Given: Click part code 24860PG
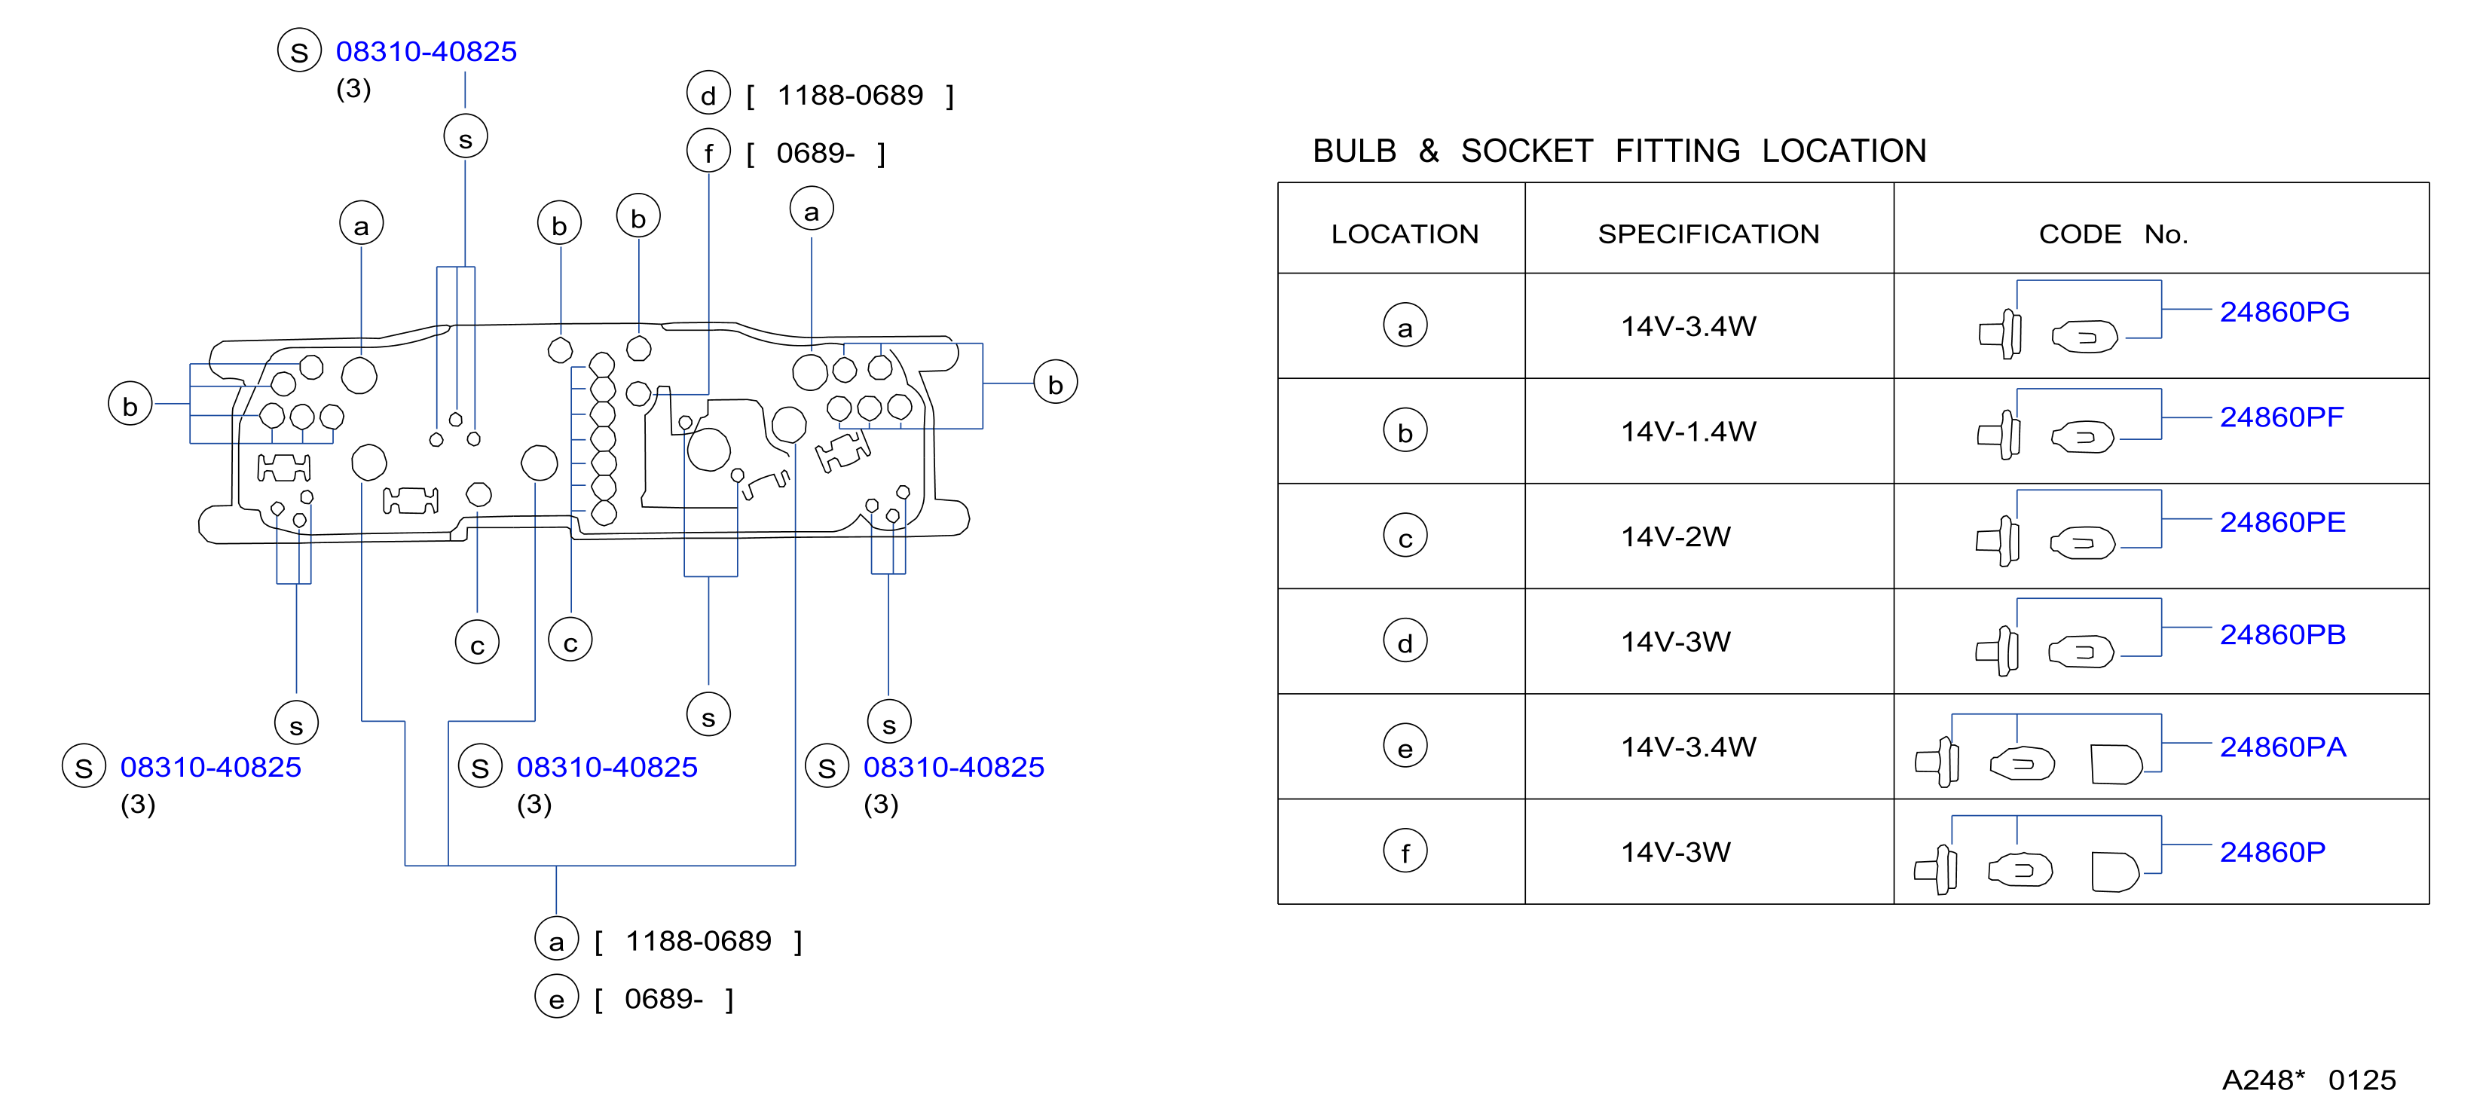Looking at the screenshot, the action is pos(2283,313).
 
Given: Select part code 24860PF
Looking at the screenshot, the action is pos(2281,418).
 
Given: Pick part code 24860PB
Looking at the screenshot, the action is pos(2282,635).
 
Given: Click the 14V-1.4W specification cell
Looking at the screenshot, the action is pos(1688,432).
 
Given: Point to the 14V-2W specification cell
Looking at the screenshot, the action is pos(1675,536).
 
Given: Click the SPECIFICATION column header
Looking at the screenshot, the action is pos(1708,234).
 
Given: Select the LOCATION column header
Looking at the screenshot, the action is pos(1405,234).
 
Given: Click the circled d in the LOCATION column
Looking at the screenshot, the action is pos(1405,642).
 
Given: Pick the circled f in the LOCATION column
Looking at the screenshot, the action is pos(1405,852).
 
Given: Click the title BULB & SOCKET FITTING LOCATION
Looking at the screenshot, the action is pos(1619,151).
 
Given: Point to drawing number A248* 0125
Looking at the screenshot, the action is pos(2308,1080).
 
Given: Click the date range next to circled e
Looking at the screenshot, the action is pos(664,999).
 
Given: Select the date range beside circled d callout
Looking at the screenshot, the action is pos(850,96).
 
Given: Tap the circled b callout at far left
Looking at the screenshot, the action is pos(130,405).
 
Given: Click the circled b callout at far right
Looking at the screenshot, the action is pos(1056,383).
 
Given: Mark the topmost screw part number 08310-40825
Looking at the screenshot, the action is pos(426,51).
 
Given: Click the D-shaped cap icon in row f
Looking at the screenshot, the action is pos(2114,872).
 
